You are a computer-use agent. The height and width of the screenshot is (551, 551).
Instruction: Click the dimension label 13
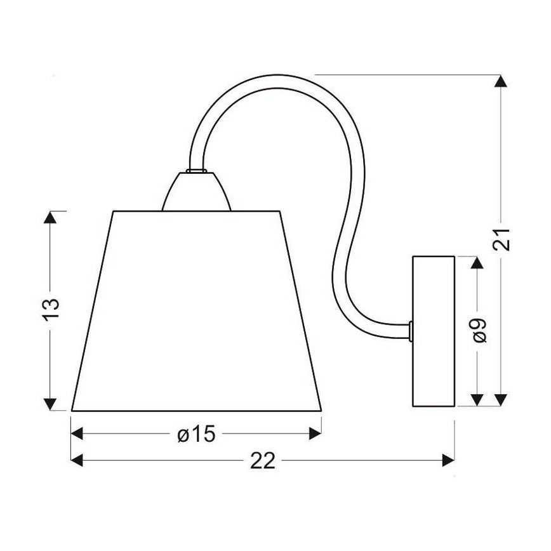tap(53, 311)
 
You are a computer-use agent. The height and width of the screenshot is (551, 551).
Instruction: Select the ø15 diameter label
tap(197, 434)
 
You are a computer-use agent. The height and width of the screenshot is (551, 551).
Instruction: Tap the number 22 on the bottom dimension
tap(262, 461)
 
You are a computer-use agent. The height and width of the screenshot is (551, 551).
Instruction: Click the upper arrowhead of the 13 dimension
tap(51, 218)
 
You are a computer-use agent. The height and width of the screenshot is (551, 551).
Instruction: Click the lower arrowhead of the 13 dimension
tap(51, 404)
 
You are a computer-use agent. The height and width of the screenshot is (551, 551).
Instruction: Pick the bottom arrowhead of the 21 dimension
tap(501, 399)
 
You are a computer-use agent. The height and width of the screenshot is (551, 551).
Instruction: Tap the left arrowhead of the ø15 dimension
tap(77, 434)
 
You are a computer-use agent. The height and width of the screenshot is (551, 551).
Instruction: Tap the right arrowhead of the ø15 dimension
tap(315, 434)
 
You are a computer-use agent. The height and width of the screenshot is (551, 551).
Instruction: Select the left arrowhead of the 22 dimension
tap(77, 460)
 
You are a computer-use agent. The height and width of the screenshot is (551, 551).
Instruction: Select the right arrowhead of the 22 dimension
tap(448, 460)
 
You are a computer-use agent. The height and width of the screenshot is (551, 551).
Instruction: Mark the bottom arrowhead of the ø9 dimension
tap(477, 399)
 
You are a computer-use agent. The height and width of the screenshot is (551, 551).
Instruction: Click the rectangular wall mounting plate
tap(434, 331)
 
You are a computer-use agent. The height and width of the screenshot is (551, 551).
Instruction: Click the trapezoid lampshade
tap(197, 311)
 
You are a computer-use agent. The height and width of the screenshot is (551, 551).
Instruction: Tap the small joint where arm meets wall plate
tap(411, 330)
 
